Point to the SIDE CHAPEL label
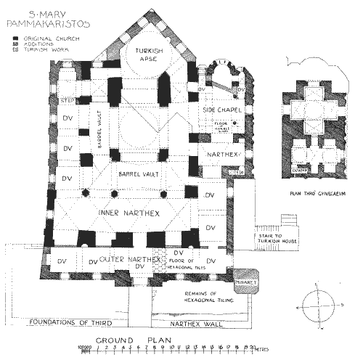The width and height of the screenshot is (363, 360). click(215, 106)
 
